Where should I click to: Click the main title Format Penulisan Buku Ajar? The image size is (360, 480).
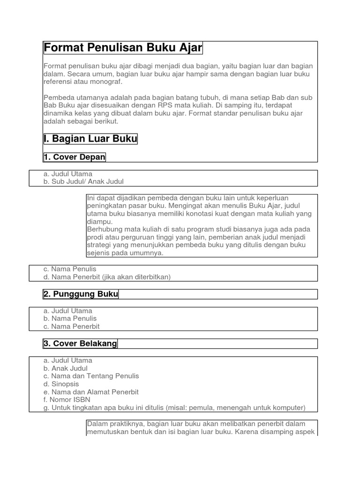coord(123,48)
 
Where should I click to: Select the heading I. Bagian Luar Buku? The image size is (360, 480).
coord(90,139)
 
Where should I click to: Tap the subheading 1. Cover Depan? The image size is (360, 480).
coord(74,157)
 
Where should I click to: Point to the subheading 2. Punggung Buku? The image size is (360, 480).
coord(81,294)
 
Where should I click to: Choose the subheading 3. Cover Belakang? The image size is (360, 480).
coord(80,344)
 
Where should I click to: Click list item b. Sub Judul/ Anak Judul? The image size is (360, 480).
coord(83,181)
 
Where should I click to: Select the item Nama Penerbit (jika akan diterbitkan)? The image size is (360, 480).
coord(111,277)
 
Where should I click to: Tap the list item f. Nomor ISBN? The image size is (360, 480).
coord(67,400)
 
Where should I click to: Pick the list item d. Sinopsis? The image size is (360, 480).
coord(61,384)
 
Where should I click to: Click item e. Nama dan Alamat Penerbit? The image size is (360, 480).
coord(91,392)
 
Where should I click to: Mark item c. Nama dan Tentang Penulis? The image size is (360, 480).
coord(91,376)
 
